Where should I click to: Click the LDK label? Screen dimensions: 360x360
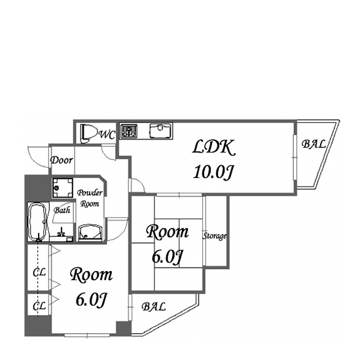214,147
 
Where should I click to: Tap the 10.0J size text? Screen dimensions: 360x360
213,172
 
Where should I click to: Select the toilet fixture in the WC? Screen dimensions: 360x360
88,134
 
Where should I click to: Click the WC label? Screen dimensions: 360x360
107,135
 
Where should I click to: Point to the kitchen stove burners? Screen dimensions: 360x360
129,131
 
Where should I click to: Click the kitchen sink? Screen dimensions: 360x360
160,131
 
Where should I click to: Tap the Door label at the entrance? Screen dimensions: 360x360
62,160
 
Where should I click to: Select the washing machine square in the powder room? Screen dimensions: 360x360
62,188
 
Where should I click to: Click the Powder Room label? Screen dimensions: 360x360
90,198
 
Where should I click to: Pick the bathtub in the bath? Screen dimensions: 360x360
38,221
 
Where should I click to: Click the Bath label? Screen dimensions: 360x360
62,210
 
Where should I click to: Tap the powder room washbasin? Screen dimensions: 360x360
90,233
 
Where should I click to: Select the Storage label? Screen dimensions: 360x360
214,236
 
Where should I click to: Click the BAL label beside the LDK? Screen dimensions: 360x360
314,144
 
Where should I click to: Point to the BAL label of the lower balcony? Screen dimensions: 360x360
154,307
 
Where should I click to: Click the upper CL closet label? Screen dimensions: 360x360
39,272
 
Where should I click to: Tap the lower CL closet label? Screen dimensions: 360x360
39,306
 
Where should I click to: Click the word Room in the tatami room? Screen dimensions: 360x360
168,232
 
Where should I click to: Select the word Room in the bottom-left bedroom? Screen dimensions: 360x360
91,274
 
